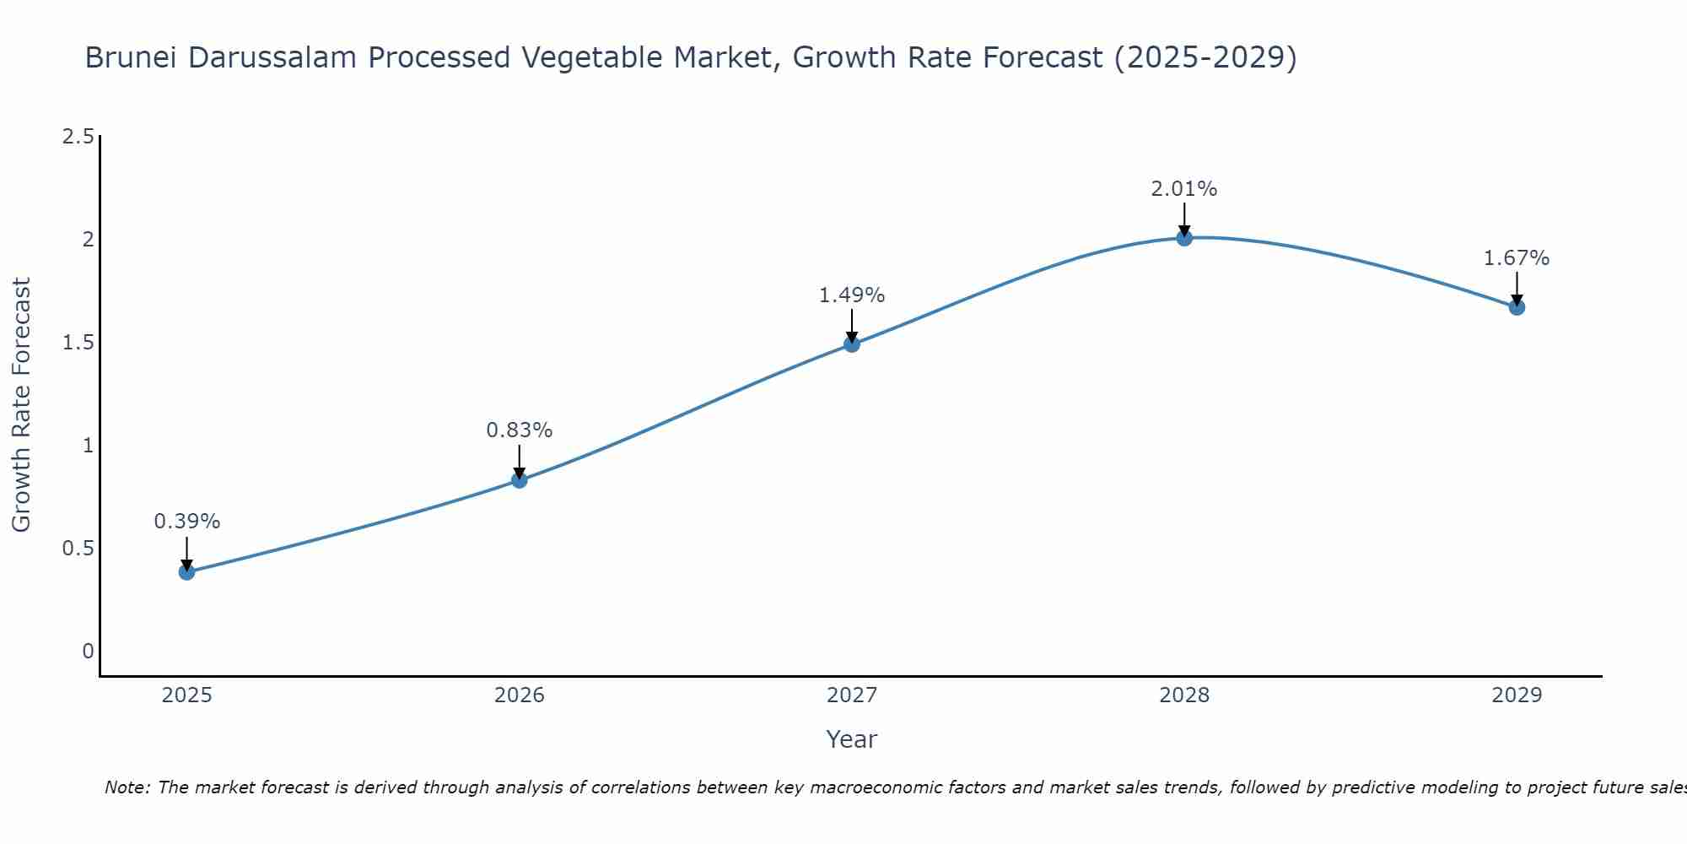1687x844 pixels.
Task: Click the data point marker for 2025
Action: click(x=186, y=572)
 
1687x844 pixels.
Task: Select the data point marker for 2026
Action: click(x=519, y=480)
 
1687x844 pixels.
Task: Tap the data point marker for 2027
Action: click(x=852, y=344)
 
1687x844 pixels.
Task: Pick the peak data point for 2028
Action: click(x=1184, y=238)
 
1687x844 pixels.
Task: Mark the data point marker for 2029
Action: click(x=1517, y=307)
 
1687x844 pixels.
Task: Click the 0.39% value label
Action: click(x=186, y=522)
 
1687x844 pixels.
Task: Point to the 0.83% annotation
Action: click(x=519, y=430)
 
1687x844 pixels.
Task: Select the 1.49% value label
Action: click(x=852, y=295)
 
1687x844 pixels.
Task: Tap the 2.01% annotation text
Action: click(x=1184, y=189)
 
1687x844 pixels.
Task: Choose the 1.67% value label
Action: click(x=1517, y=258)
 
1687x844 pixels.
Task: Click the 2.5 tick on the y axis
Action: click(x=78, y=137)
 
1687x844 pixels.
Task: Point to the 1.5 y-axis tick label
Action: click(x=78, y=343)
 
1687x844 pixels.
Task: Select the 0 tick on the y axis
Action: click(x=88, y=652)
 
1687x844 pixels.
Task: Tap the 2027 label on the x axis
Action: click(x=852, y=695)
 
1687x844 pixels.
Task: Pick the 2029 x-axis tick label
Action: click(x=1517, y=695)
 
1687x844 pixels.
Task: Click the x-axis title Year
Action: click(x=852, y=739)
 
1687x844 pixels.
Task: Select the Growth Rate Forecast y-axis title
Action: click(x=21, y=405)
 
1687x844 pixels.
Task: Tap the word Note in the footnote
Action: click(x=127, y=787)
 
